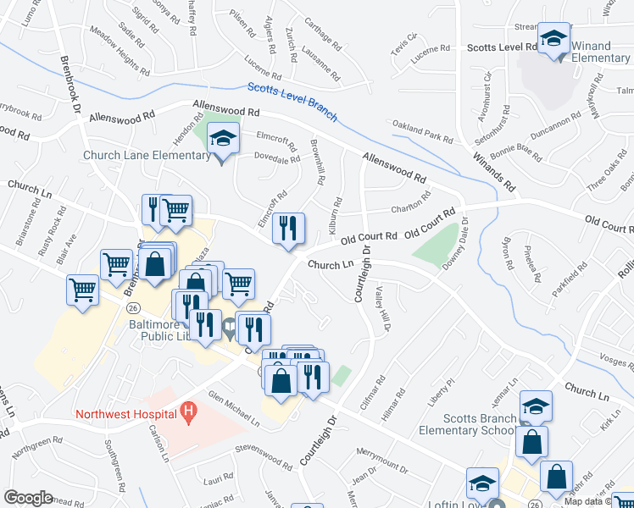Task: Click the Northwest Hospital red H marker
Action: coord(189,414)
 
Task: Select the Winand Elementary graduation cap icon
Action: coord(555,39)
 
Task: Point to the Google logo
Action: coord(28,498)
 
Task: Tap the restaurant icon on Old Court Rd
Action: coord(288,228)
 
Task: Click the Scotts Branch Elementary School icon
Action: coord(536,407)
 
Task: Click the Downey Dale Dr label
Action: coord(454,244)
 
